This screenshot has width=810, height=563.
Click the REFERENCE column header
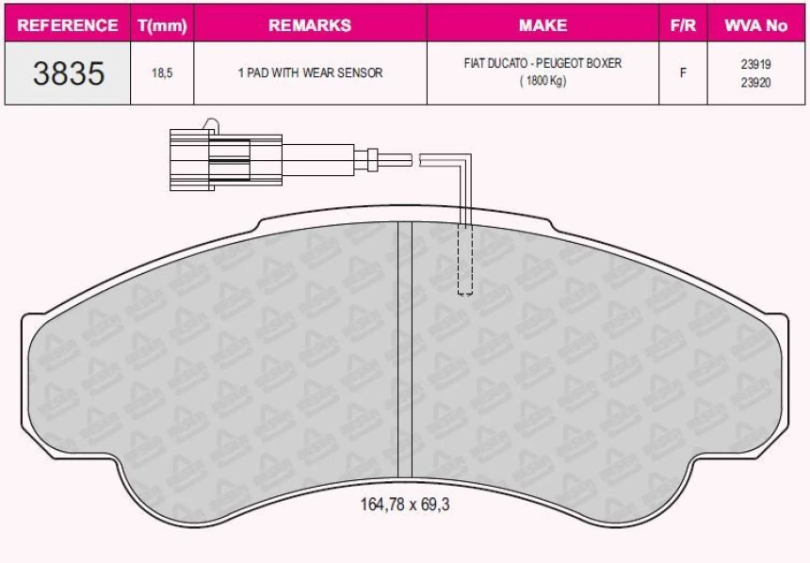(x=68, y=25)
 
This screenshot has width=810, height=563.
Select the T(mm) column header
(x=163, y=25)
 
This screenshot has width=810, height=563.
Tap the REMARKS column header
(x=310, y=25)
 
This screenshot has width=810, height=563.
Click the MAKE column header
(x=543, y=25)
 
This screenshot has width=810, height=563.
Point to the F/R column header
(x=683, y=25)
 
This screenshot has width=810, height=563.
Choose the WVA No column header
(x=755, y=25)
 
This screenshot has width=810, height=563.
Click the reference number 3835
(x=68, y=72)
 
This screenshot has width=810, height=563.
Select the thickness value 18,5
(x=163, y=72)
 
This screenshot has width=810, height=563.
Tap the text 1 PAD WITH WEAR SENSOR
(x=310, y=72)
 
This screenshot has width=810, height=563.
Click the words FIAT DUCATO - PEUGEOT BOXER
(x=543, y=64)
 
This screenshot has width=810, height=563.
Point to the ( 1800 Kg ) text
(x=543, y=81)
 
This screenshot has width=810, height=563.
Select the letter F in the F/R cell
(x=683, y=72)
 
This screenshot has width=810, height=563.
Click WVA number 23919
(x=755, y=64)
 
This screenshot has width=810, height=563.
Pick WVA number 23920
(x=755, y=81)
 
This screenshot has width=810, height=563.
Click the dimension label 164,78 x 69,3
(x=405, y=504)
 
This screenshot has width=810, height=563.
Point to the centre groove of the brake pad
(x=405, y=348)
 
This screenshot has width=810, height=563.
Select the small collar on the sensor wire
(x=375, y=159)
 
